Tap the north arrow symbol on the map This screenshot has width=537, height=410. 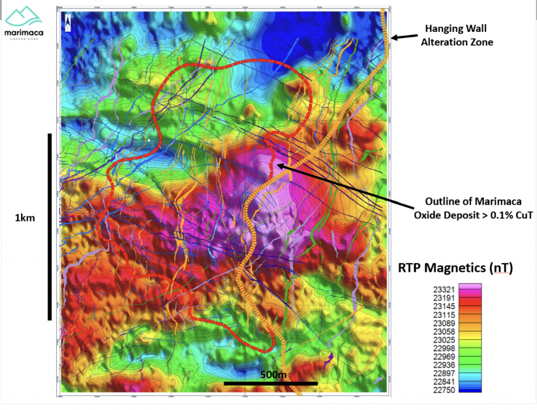(68, 21)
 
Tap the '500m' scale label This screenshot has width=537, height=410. (274, 375)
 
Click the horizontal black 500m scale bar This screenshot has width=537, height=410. (271, 383)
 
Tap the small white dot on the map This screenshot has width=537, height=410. (149, 140)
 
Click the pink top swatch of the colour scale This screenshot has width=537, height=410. (470, 286)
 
